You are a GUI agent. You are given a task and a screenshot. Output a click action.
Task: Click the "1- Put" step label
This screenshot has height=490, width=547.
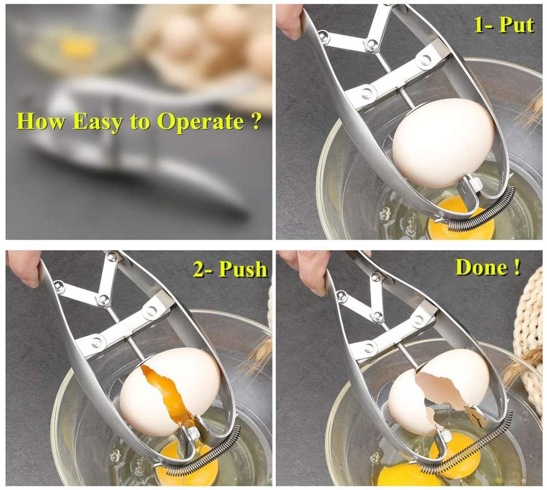[x=503, y=25]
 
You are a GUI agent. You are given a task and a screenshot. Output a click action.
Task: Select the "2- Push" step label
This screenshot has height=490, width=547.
[x=230, y=269]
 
